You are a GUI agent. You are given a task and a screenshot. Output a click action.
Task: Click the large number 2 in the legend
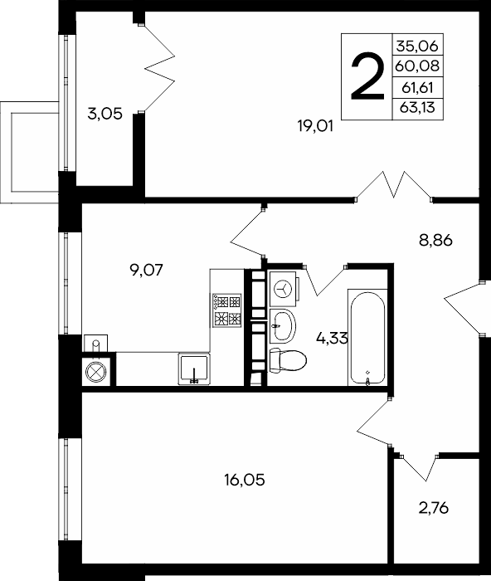pyautogui.click(x=367, y=76)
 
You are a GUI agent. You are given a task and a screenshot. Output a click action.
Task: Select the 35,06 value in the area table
pyautogui.click(x=417, y=46)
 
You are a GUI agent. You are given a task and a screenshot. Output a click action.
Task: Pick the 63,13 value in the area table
pyautogui.click(x=417, y=108)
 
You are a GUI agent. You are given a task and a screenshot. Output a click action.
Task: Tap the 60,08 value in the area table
pyautogui.click(x=417, y=66)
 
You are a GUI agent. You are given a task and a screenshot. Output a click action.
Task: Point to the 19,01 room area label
pyautogui.click(x=315, y=126)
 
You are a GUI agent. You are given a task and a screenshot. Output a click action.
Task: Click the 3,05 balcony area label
pyautogui.click(x=105, y=114)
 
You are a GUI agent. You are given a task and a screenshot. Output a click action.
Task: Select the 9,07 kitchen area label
pyautogui.click(x=146, y=270)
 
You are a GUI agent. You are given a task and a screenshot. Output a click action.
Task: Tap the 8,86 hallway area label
pyautogui.click(x=435, y=241)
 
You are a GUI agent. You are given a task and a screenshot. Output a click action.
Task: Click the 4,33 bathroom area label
pyautogui.click(x=332, y=338)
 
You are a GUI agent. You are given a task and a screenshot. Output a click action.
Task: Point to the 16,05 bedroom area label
pyautogui.click(x=245, y=481)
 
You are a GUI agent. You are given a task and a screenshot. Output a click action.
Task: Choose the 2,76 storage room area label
pyautogui.click(x=434, y=508)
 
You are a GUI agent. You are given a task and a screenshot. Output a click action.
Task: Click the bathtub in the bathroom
pyautogui.click(x=367, y=339)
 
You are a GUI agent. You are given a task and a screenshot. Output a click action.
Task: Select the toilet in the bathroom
pyautogui.click(x=288, y=360)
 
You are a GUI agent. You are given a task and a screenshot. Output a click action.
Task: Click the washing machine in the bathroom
pyautogui.click(x=284, y=289)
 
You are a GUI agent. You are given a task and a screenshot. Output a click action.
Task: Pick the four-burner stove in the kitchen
pyautogui.click(x=226, y=310)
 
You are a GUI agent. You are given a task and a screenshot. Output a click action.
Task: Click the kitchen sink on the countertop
pyautogui.click(x=194, y=369)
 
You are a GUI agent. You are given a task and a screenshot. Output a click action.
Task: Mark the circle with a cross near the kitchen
pyautogui.click(x=96, y=372)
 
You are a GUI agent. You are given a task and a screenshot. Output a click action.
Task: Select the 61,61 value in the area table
pyautogui.click(x=417, y=88)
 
